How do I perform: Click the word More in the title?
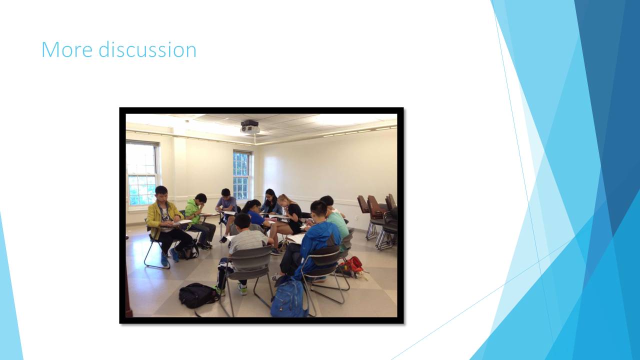pyautogui.click(x=67, y=49)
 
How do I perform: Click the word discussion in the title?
pyautogui.click(x=147, y=49)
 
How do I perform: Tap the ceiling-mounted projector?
pyautogui.click(x=249, y=127)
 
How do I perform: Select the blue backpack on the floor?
pyautogui.click(x=289, y=297)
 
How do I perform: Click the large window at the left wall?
pyautogui.click(x=142, y=173)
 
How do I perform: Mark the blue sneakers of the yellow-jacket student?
pyautogui.click(x=170, y=256)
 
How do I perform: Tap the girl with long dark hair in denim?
pyautogui.click(x=270, y=202)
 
